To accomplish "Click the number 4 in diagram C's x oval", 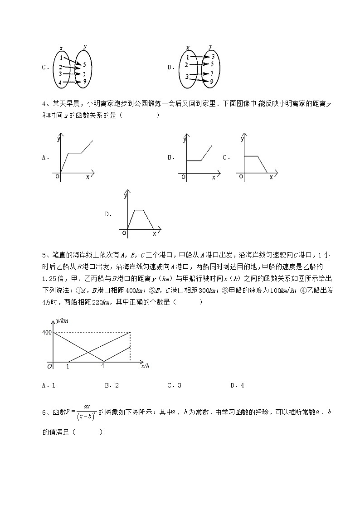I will click(x=60, y=83).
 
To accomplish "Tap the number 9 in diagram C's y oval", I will click(x=84, y=81).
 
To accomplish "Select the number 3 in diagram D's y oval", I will click(x=212, y=57).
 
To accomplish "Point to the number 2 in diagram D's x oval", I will click(x=186, y=65).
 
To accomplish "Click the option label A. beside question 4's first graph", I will click(x=45, y=158).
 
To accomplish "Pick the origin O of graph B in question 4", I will click(x=183, y=177).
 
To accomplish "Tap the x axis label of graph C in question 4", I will click(x=271, y=177).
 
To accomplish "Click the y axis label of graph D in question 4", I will click(x=125, y=196).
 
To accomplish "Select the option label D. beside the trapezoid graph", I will click(x=108, y=214).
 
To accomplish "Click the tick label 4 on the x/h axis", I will click(x=103, y=365).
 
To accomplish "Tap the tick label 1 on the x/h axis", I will click(x=68, y=366).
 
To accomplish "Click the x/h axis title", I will click(x=145, y=365).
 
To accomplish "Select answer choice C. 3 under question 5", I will click(x=174, y=386).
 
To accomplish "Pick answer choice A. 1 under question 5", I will click(x=48, y=386).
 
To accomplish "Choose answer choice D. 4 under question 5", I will click(x=237, y=386).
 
